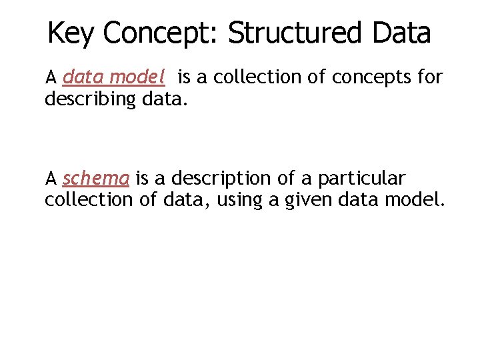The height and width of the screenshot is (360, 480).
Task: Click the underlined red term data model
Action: [113, 78]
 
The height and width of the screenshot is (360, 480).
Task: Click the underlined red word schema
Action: [96, 179]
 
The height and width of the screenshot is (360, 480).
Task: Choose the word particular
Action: [361, 179]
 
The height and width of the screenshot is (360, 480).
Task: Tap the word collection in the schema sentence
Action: [89, 200]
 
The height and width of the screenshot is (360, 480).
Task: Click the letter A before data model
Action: [51, 78]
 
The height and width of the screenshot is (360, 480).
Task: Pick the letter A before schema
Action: [51, 179]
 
